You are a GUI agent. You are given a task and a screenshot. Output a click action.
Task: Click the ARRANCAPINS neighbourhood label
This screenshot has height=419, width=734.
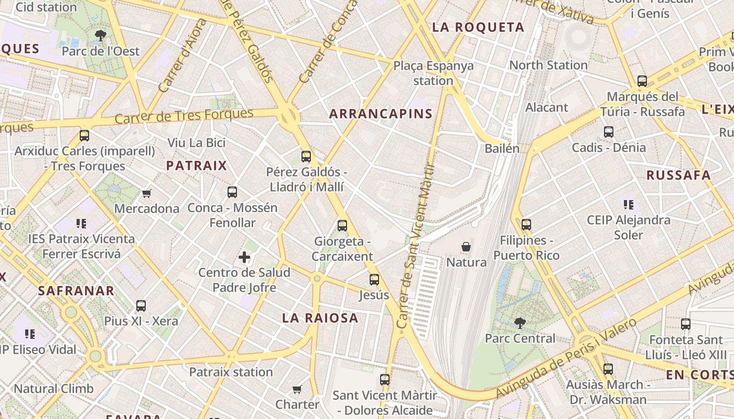tap(381, 114)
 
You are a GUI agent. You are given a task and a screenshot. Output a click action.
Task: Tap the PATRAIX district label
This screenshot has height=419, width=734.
tap(196, 166)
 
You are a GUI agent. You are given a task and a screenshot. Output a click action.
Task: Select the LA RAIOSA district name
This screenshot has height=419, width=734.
tap(320, 317)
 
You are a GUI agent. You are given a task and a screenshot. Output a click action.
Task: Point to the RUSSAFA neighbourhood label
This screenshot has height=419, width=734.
tap(678, 175)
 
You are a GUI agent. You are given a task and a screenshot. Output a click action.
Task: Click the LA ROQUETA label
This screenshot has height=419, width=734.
tap(478, 27)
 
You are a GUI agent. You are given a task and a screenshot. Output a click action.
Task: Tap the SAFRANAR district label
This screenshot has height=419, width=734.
tap(76, 291)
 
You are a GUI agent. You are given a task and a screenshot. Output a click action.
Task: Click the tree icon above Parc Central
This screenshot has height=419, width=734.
tap(520, 323)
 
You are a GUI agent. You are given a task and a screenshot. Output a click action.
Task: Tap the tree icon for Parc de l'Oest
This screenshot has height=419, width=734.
tap(100, 36)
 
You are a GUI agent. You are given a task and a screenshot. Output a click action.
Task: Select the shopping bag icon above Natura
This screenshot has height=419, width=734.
tap(466, 246)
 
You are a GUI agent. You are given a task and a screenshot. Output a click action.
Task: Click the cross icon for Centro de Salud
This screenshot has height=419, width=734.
tap(244, 257)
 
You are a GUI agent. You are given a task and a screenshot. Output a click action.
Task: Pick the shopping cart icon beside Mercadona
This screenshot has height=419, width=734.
tap(147, 193)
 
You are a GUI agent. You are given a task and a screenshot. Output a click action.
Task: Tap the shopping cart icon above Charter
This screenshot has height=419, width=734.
tap(297, 389)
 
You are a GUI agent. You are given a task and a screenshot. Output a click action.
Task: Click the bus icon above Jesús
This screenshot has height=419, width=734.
tap(374, 280)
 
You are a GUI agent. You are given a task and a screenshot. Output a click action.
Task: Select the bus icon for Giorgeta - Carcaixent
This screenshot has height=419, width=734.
tap(342, 226)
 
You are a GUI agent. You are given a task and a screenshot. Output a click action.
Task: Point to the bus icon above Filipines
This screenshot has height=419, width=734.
tap(526, 225)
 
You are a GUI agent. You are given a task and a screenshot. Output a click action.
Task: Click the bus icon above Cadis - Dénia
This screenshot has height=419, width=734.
tap(609, 132)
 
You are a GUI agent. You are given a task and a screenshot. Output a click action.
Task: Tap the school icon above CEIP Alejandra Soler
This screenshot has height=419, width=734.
tap(629, 204)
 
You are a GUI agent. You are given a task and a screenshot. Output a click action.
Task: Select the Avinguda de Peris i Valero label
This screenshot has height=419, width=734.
tap(566, 358)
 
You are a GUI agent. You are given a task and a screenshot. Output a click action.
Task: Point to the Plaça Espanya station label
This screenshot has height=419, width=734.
tap(433, 73)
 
